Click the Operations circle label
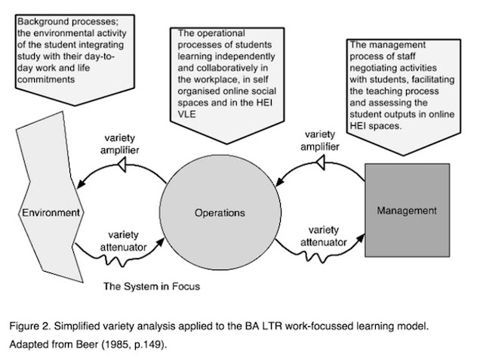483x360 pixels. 220,213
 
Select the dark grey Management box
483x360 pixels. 408,211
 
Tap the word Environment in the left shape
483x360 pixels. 51,213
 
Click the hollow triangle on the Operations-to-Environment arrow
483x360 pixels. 122,165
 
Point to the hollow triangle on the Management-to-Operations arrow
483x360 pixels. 321,162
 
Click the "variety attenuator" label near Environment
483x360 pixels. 123,241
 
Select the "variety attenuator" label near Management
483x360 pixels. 324,236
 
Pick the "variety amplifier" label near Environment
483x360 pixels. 119,144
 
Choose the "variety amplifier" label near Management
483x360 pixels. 320,140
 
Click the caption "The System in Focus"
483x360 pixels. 152,286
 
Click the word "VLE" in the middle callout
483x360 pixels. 186,114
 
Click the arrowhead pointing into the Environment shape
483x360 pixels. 81,184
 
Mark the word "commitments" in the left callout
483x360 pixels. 46,79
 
